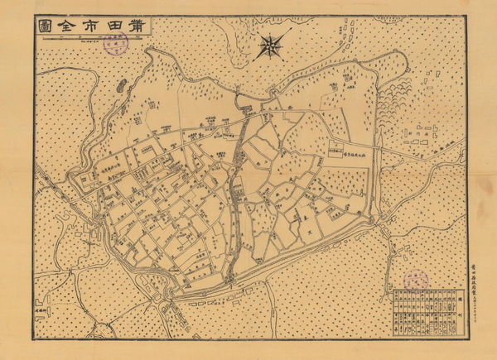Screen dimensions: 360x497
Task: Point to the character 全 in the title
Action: click(65, 27)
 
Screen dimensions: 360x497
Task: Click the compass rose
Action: click(269, 45)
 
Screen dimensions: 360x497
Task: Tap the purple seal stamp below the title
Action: click(115, 46)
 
